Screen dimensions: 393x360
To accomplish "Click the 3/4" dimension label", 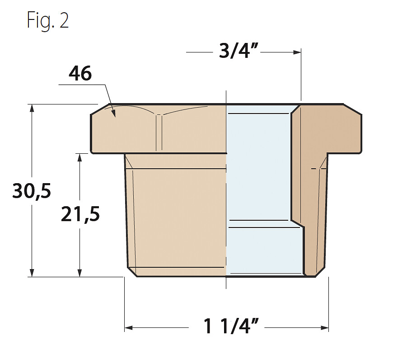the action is tap(239, 51).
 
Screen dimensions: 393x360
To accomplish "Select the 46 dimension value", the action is tap(80, 74).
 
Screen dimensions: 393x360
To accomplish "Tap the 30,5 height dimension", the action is tap(32, 191).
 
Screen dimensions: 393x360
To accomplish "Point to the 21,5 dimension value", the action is tap(80, 214).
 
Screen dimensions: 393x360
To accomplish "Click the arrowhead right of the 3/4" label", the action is tap(297, 52).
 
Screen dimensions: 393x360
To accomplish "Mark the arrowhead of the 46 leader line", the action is tap(113, 114).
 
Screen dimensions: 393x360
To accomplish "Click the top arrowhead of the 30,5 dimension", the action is tap(32, 108).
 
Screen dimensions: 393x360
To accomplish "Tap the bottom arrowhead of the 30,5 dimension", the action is tap(32, 273).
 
